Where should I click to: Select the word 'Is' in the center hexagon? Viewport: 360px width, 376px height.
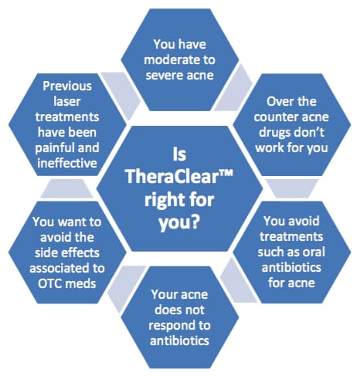pos(179,154)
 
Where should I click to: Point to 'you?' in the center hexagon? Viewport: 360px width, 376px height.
pos(179,222)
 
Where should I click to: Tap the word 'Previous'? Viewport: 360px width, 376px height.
pos(67,86)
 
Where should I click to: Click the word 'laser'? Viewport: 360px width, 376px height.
pos(67,101)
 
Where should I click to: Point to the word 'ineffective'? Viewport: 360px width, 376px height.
pos(67,163)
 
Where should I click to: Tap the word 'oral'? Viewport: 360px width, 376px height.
pos(314,252)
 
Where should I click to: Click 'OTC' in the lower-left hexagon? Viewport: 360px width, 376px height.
pos(49,283)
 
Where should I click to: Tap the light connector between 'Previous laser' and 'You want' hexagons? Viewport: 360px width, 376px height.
pos(66,188)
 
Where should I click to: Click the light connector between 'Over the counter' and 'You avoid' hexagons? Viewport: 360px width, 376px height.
pos(292,188)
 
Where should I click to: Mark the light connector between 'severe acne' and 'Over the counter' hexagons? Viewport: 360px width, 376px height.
pos(233,87)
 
